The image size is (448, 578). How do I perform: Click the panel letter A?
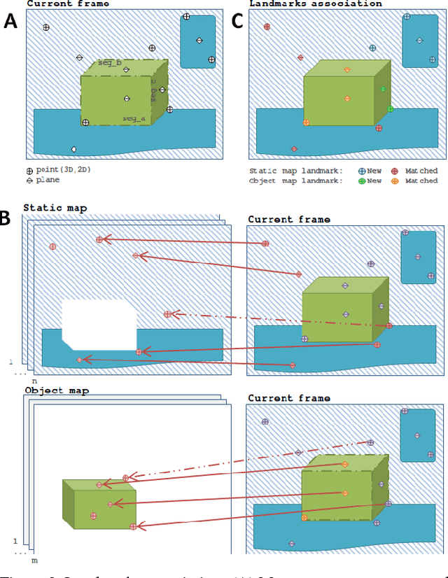pos(10,21)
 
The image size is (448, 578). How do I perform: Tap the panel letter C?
pos(237,21)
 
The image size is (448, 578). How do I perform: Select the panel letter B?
pos(6,217)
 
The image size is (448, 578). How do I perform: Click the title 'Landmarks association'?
pos(316,3)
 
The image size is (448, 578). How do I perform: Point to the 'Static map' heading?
pos(55,208)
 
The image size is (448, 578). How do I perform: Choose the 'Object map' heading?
pos(57,390)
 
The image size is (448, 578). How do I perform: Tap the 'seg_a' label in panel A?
pos(134,119)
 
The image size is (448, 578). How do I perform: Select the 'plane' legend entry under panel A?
pos(48,180)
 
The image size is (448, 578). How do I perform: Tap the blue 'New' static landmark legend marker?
pos(361,171)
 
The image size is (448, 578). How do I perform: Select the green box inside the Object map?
pos(99,504)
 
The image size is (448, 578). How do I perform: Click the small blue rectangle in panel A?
pos(197,41)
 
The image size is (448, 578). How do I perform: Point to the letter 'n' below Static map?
pos(34,381)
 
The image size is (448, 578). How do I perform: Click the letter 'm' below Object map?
pos(34,561)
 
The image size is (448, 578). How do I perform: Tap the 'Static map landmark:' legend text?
pos(295,171)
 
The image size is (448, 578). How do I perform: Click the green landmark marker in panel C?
pos(390,108)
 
